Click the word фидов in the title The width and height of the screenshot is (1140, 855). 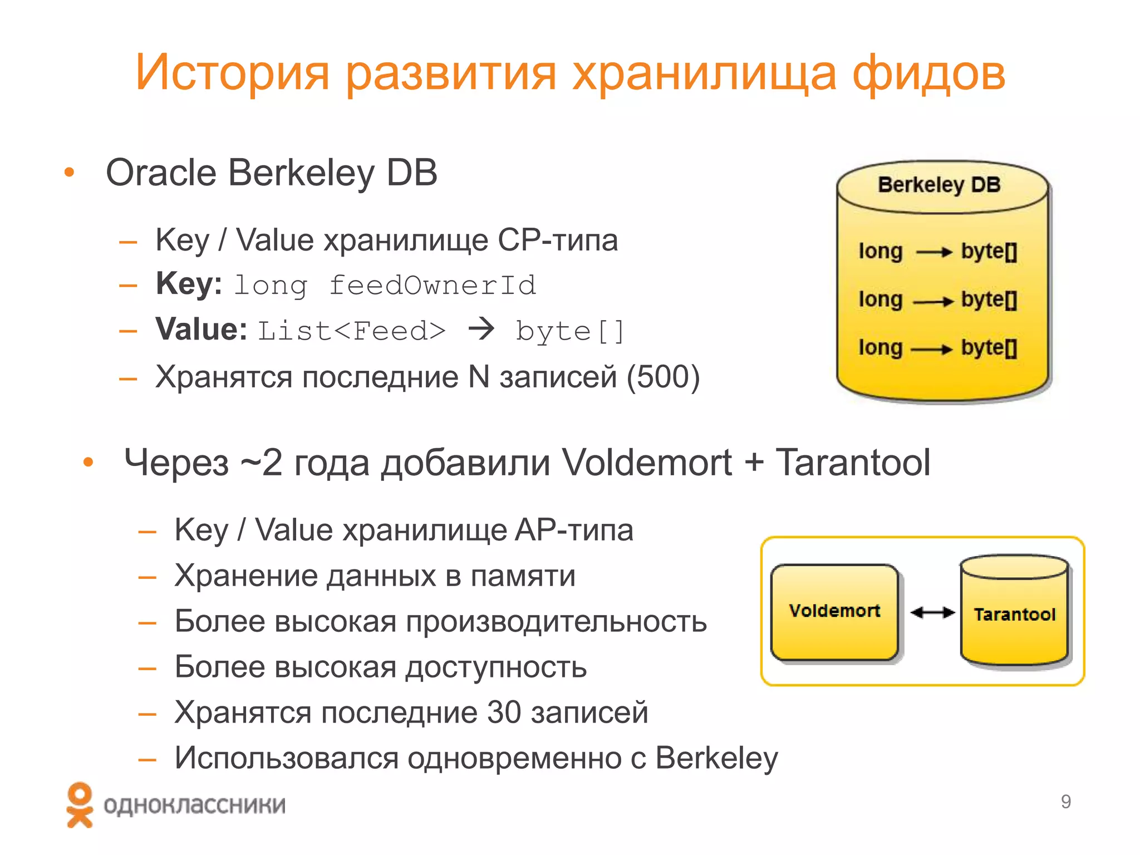coord(928,73)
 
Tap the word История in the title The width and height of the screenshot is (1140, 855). coord(232,73)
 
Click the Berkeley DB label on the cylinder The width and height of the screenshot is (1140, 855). coord(939,185)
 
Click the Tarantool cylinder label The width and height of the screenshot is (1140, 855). coord(1014,615)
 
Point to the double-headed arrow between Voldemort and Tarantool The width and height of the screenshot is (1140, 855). coord(932,613)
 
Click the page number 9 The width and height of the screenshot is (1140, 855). coord(1065,802)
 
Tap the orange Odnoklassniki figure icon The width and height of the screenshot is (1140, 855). coord(80,805)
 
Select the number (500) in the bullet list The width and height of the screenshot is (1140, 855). coord(662,377)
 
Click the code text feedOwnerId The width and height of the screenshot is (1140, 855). coord(432,286)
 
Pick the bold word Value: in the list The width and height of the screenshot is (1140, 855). coord(202,330)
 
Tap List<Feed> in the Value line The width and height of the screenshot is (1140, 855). coord(352,331)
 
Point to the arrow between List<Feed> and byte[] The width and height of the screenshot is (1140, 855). coord(481,330)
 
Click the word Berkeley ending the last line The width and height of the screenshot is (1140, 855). coord(716,758)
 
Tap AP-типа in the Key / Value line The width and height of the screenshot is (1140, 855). coord(574,530)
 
